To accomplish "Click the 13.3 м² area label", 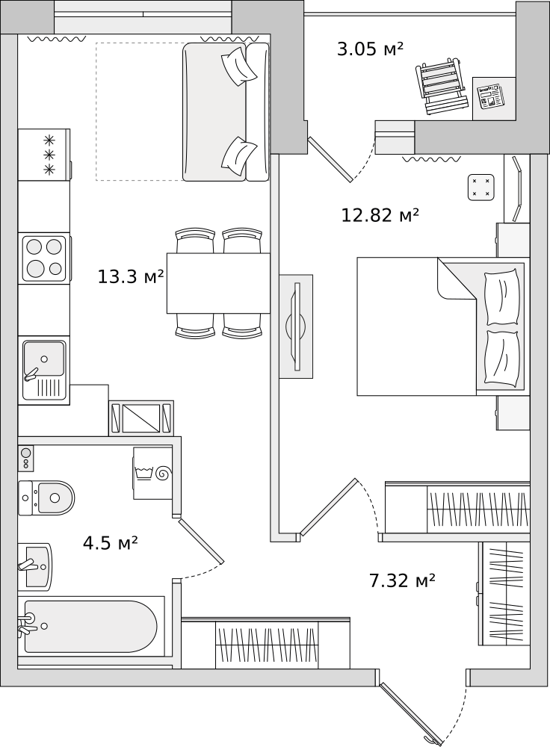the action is [131, 276].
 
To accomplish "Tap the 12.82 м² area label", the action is [380, 215].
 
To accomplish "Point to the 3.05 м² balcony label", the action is [371, 49].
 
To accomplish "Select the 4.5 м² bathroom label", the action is [111, 542].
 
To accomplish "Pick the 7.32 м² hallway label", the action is [402, 580].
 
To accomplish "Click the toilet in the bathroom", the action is [46, 498].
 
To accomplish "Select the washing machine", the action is [152, 473].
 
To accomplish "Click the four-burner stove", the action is [44, 258].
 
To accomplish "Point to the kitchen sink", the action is [44, 371].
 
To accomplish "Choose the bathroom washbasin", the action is [35, 567].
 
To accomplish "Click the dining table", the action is [218, 283].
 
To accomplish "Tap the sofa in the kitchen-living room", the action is [226, 112].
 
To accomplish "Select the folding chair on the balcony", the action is [442, 86].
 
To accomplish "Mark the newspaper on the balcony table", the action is [491, 96].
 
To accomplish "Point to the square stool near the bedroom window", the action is [481, 187].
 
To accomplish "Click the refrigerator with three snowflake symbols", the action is [44, 155].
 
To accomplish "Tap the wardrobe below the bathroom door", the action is [267, 644].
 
